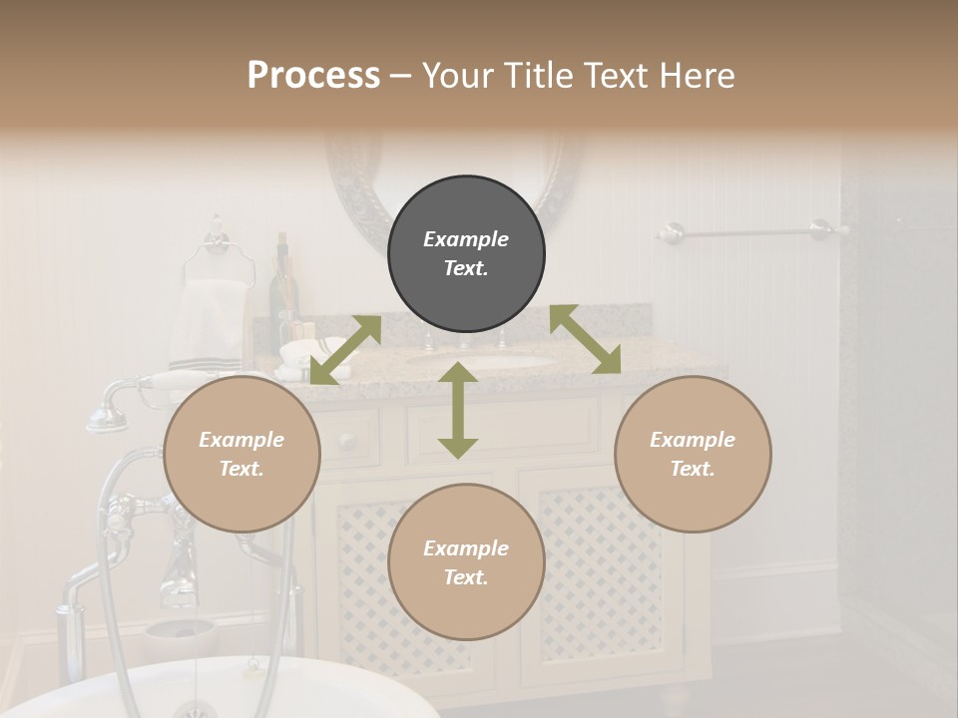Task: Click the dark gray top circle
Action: pyautogui.click(x=466, y=254)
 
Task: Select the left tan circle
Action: pyautogui.click(x=241, y=454)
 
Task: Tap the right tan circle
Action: pyautogui.click(x=693, y=454)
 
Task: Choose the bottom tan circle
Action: pyautogui.click(x=466, y=562)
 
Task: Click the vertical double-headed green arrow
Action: pyautogui.click(x=458, y=410)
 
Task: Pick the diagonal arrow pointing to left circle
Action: pyautogui.click(x=345, y=350)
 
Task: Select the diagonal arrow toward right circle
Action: pyautogui.click(x=586, y=339)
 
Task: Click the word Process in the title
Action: pyautogui.click(x=313, y=75)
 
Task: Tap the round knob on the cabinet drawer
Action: pyautogui.click(x=346, y=440)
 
